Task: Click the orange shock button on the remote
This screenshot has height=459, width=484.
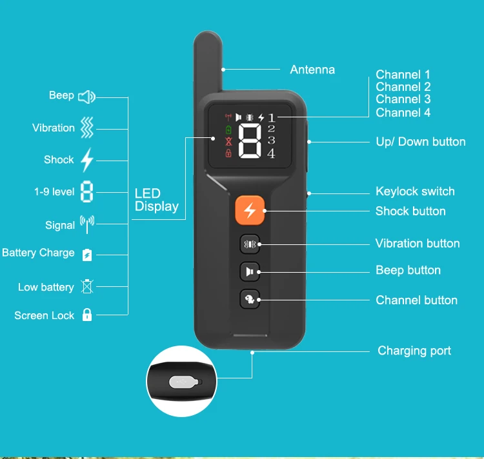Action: (x=249, y=210)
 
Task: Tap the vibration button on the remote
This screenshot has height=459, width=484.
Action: (x=250, y=244)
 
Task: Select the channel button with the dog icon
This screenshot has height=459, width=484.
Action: (x=250, y=299)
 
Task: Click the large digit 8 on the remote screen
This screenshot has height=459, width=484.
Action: (x=250, y=140)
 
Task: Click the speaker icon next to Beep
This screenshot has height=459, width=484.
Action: (x=86, y=97)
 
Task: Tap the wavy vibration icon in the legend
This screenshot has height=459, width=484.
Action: (x=87, y=128)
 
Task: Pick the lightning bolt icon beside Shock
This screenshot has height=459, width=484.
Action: (x=87, y=159)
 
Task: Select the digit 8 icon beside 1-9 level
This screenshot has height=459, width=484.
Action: (x=87, y=191)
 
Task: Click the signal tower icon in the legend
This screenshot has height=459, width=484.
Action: (x=86, y=224)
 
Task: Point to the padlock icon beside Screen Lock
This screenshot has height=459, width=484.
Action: (x=87, y=315)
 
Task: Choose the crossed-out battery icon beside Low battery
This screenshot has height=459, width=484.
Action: (x=87, y=286)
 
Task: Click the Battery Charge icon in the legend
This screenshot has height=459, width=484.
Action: (x=87, y=255)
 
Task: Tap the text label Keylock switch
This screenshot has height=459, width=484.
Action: (x=415, y=191)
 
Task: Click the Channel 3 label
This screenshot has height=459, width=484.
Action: (x=403, y=99)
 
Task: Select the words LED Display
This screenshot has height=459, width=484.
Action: (x=156, y=200)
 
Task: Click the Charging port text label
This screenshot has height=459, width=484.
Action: (x=414, y=351)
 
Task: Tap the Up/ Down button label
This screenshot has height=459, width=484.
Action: (x=421, y=142)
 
